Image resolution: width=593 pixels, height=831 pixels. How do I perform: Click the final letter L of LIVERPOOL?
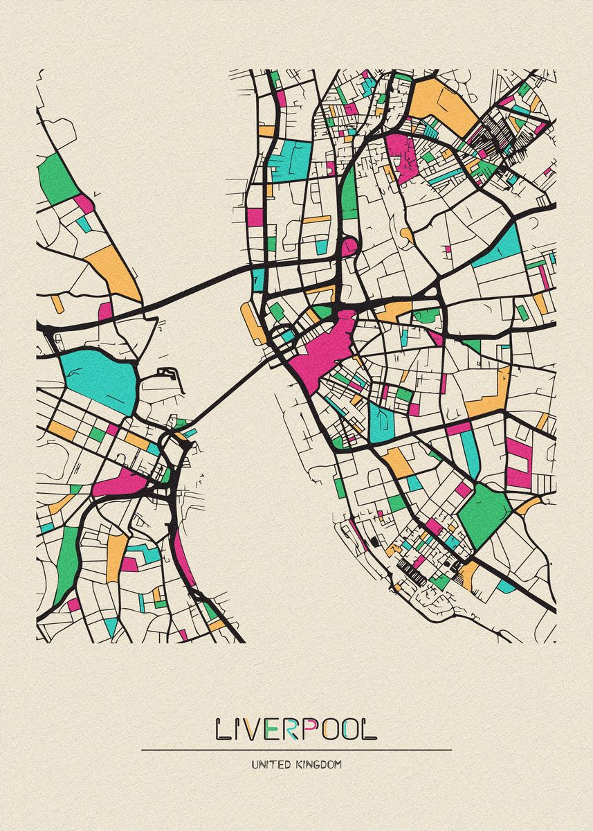[370, 729]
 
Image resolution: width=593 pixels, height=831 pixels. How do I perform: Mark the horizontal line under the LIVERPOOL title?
[296, 750]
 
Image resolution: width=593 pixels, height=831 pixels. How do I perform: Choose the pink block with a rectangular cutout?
[518, 461]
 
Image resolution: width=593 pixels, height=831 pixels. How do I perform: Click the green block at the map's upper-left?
[58, 179]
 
